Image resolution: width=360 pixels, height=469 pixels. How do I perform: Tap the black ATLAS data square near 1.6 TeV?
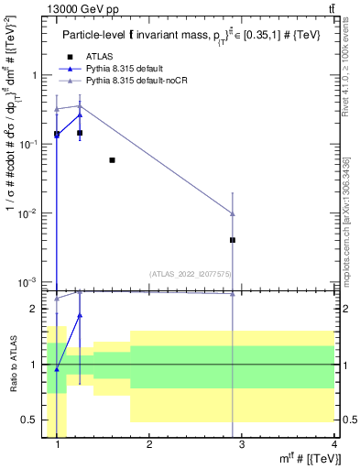(x=112, y=160)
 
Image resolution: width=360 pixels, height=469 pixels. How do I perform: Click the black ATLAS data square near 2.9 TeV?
(x=233, y=240)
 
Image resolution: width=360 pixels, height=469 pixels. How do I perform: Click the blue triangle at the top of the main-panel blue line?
(x=80, y=115)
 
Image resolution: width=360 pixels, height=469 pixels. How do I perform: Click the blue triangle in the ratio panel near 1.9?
(x=80, y=315)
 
